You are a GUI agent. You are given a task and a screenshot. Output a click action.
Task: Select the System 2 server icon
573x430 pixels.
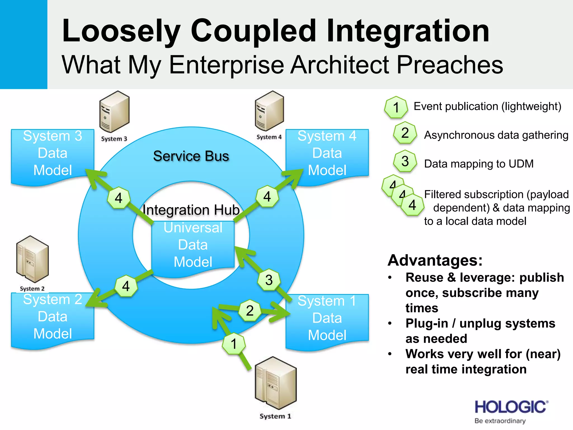pyautogui.click(x=32, y=259)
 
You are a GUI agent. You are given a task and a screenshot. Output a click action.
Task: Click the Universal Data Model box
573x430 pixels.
pyautogui.click(x=193, y=245)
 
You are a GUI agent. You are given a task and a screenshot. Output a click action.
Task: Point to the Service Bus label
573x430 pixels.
pyautogui.click(x=191, y=156)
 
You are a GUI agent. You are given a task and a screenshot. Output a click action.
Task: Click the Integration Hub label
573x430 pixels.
pyautogui.click(x=191, y=210)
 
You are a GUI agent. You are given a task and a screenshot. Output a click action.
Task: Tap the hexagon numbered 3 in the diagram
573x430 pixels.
pyautogui.click(x=269, y=280)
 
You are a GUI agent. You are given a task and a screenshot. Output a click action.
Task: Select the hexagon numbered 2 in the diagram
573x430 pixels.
pyautogui.click(x=250, y=310)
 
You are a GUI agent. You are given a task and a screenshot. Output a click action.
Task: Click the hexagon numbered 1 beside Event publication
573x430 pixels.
pyautogui.click(x=396, y=107)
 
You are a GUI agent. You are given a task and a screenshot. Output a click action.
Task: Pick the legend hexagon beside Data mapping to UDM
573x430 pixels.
pyautogui.click(x=405, y=162)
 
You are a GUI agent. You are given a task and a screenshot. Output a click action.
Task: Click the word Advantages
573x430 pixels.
pyautogui.click(x=435, y=260)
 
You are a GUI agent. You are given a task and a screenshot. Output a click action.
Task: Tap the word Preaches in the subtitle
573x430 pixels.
pyautogui.click(x=450, y=65)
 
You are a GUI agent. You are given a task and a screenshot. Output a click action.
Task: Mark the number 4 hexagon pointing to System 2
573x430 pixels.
pyautogui.click(x=126, y=286)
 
